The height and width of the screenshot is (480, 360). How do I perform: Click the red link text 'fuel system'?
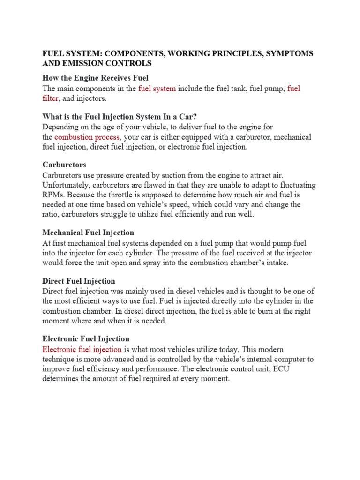(157, 88)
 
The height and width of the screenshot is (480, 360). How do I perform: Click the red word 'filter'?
(50, 98)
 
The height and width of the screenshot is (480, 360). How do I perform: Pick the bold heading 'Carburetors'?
(64, 165)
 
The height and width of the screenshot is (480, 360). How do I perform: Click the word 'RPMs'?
(53, 195)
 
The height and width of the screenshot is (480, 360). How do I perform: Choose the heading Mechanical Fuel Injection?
(88, 232)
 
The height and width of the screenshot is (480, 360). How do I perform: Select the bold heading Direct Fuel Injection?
(78, 281)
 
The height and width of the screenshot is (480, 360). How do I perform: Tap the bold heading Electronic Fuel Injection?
(86, 338)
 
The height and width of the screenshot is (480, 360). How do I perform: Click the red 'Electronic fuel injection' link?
(82, 349)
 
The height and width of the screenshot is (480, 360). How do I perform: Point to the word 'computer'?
(292, 359)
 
